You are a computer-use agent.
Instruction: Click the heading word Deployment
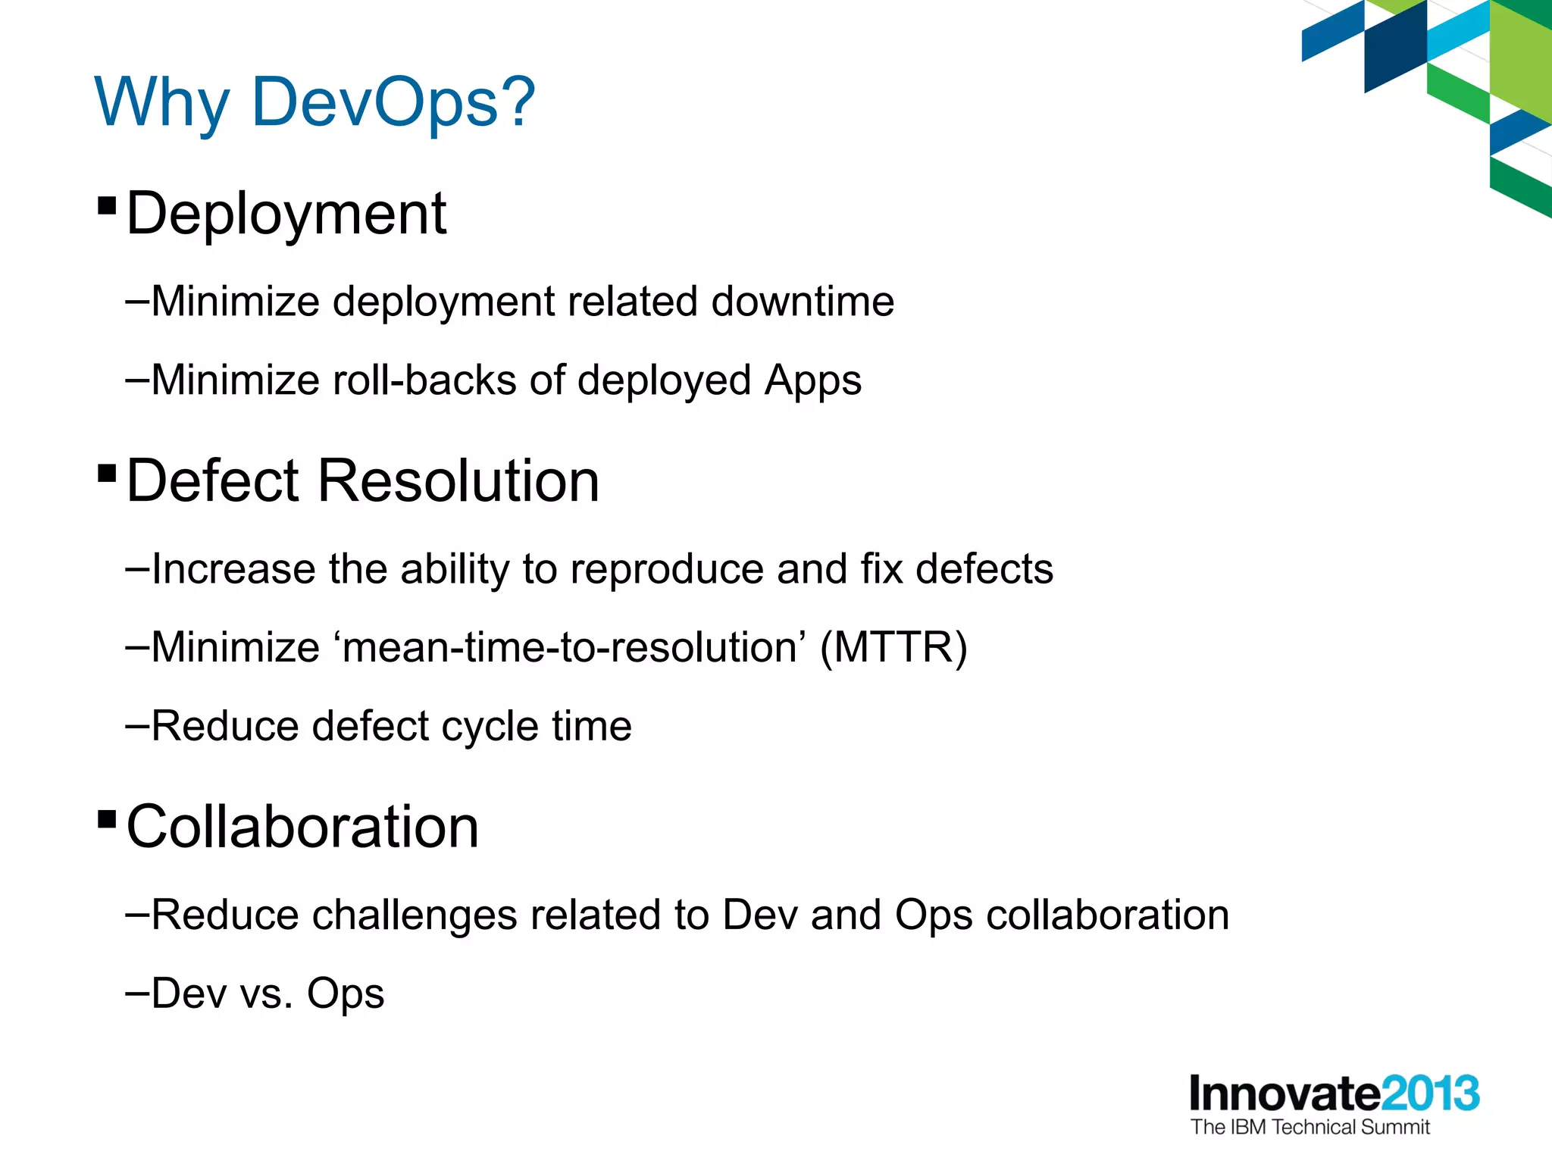coord(286,214)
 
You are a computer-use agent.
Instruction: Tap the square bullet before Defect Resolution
coord(107,474)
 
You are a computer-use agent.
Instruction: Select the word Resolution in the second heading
coord(458,481)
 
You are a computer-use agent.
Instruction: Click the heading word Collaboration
coord(302,827)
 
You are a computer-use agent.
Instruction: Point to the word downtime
coord(803,302)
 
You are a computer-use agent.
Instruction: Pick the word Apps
coord(812,381)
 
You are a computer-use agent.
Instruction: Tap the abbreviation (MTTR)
coord(893,648)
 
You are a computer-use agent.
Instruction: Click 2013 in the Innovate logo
coord(1430,1094)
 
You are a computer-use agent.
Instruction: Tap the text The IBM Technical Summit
coord(1309,1127)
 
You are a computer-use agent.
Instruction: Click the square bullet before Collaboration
coord(107,819)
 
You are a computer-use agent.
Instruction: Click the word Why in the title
coord(161,104)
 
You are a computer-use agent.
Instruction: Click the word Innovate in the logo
coord(1284,1094)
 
